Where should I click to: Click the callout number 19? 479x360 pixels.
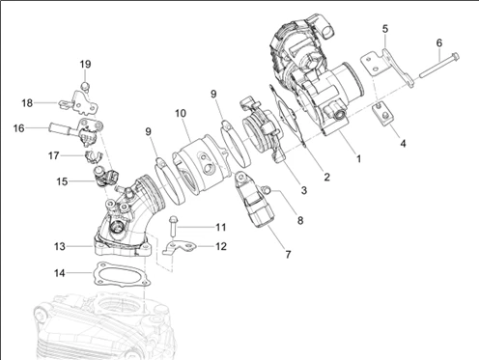[x=85, y=65]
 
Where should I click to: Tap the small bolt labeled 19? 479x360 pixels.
[x=84, y=86]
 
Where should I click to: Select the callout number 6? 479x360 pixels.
[x=439, y=43]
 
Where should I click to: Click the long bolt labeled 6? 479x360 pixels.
[x=439, y=67]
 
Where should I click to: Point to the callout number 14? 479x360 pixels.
[x=60, y=273]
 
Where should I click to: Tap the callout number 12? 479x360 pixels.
[x=221, y=246]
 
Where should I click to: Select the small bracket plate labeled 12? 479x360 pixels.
[x=179, y=248]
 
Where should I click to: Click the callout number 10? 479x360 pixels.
[x=181, y=113]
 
